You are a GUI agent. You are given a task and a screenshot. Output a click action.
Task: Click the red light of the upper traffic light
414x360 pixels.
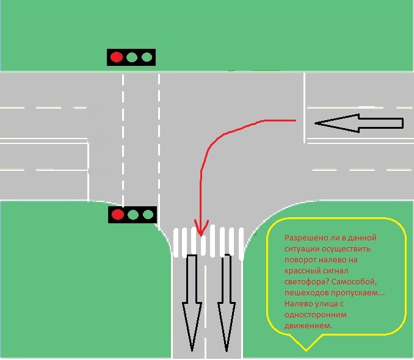pyautogui.click(x=117, y=57)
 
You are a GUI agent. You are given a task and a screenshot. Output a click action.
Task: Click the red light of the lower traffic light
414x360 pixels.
pyautogui.click(x=118, y=214)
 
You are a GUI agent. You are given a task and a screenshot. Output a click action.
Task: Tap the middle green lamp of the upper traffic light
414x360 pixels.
pyautogui.click(x=132, y=57)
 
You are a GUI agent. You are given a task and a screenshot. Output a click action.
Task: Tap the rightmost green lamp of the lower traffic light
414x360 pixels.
pyautogui.click(x=148, y=214)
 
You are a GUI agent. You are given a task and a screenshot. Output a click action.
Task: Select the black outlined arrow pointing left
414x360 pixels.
pyautogui.click(x=359, y=123)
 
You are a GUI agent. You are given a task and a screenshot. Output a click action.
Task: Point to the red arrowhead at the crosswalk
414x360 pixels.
pyautogui.click(x=201, y=228)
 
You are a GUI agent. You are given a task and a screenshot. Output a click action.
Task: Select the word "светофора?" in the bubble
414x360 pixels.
pyautogui.click(x=307, y=282)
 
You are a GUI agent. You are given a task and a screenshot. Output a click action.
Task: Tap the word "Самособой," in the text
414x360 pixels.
pyautogui.click(x=354, y=282)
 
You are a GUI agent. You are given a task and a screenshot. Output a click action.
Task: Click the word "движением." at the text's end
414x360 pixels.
pyautogui.click(x=308, y=326)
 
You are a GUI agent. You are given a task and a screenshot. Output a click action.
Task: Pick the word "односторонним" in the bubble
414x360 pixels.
pyautogui.click(x=316, y=315)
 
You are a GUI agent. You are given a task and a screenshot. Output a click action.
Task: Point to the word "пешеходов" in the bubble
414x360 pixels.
pyautogui.click(x=307, y=293)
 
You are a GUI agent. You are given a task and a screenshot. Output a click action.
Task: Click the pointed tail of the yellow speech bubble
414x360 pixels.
pyautogui.click(x=307, y=350)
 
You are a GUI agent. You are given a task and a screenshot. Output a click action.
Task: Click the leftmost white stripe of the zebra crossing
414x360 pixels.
pyautogui.click(x=176, y=243)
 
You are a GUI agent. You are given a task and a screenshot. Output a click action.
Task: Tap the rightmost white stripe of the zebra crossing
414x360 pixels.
pyautogui.click(x=241, y=244)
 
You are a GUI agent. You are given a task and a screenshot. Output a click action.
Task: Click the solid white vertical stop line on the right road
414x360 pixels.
pyautogui.click(x=305, y=107)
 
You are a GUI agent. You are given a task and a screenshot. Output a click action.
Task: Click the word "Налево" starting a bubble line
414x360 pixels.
pyautogui.click(x=299, y=304)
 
